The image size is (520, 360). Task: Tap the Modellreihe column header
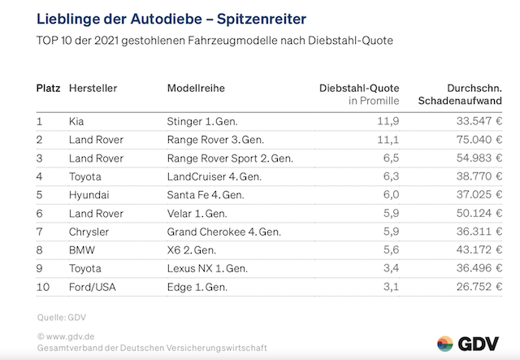point(196,87)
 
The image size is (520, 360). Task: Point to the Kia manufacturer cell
point(77,121)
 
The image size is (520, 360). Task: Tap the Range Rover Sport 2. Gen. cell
point(230,158)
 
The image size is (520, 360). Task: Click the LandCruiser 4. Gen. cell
point(214,176)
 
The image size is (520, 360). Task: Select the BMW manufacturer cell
point(81,251)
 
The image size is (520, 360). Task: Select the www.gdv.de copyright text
point(67,336)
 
